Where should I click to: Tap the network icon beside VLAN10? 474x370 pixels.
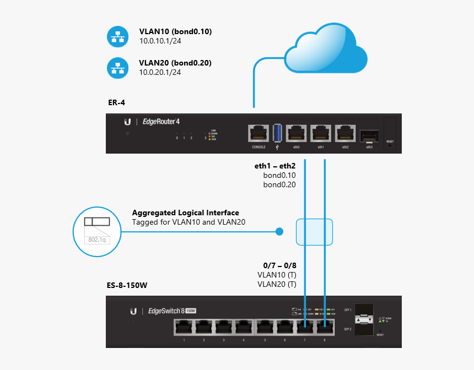(116, 37)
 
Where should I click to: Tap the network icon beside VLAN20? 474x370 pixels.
(116, 68)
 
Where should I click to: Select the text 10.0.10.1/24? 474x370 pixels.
(160, 41)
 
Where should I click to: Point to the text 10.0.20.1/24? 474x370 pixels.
(160, 72)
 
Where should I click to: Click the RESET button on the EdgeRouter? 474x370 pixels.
(390, 132)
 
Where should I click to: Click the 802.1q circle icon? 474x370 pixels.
(96, 231)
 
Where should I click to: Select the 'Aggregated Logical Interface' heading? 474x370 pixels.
(186, 213)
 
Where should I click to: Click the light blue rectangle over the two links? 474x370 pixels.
(314, 232)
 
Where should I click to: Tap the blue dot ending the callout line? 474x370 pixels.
(279, 232)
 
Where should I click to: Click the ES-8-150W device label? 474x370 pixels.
(127, 286)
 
